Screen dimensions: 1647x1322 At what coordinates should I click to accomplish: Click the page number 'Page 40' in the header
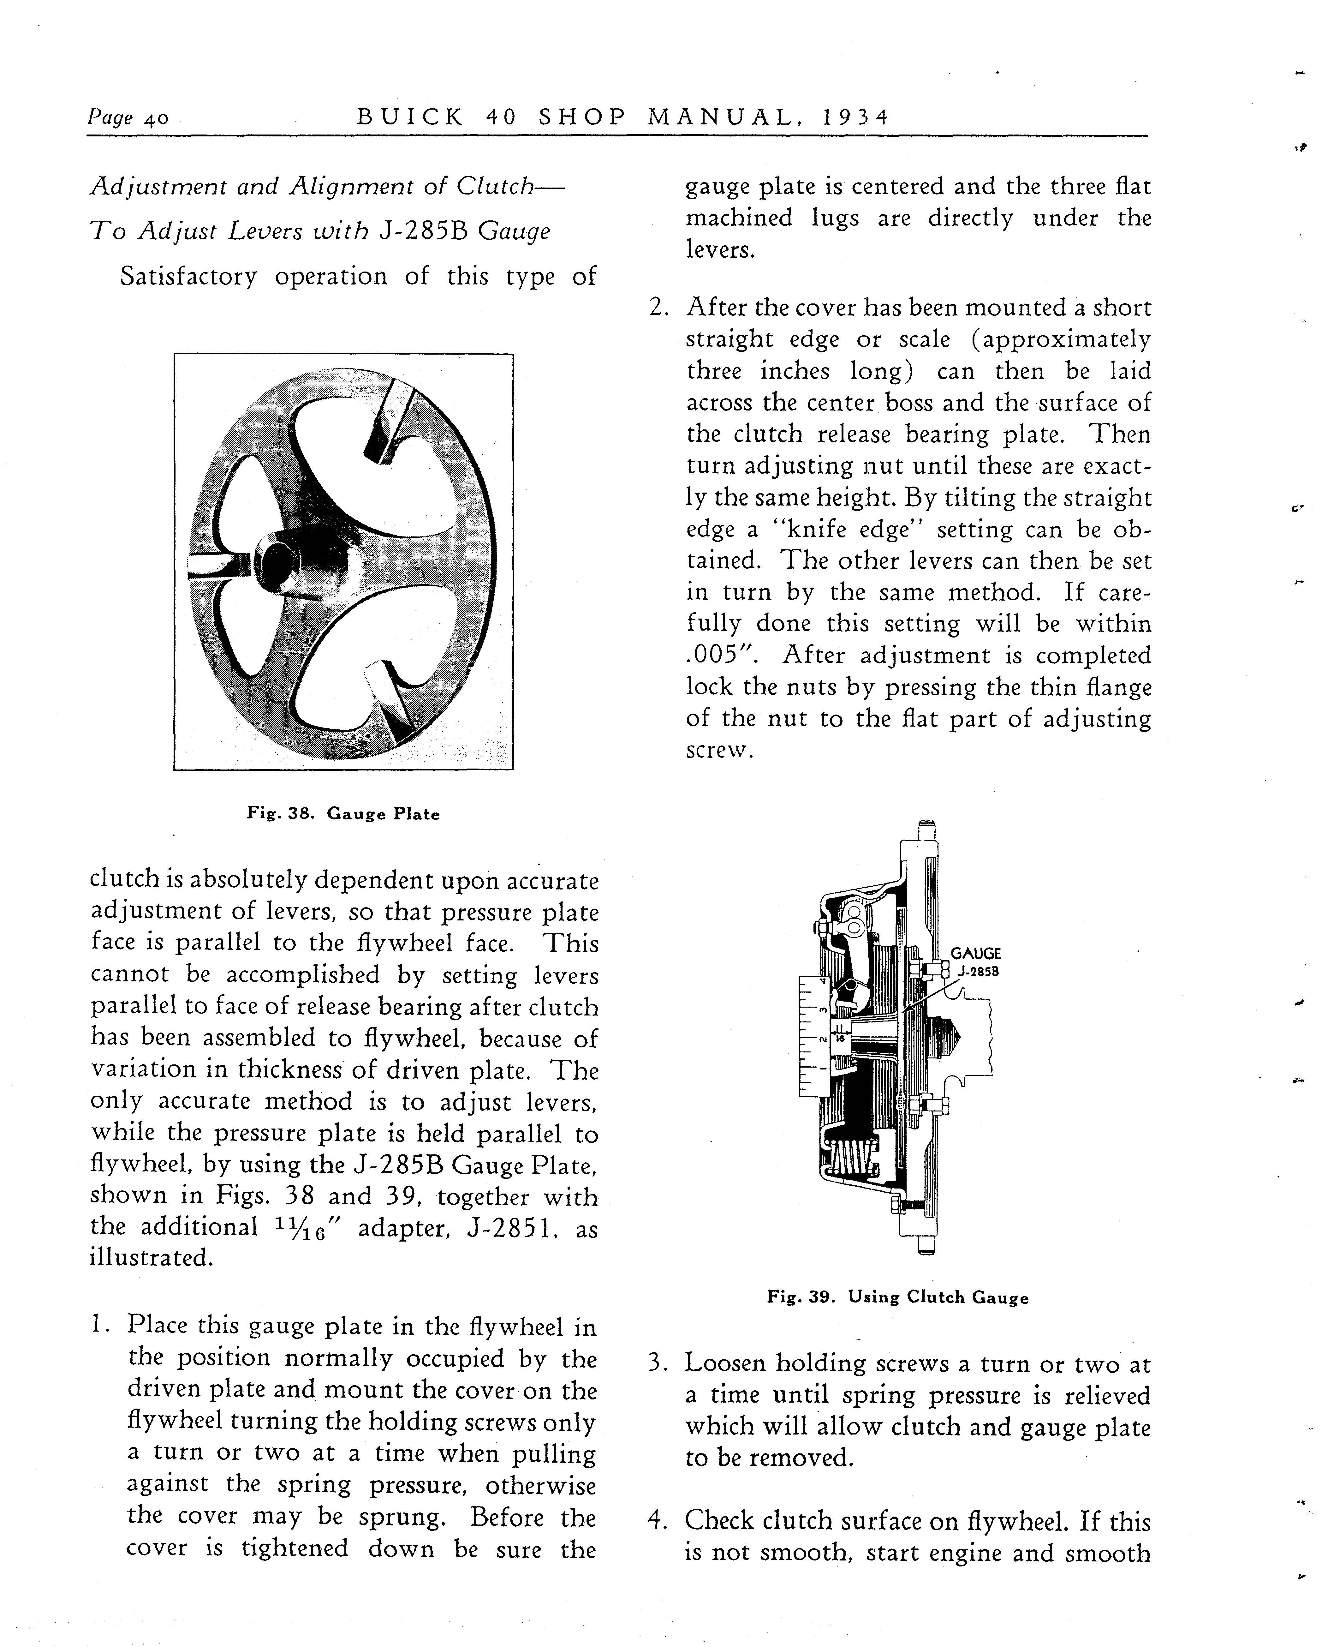coord(128,118)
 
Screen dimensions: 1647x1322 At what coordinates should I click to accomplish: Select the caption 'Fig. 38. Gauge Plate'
coord(343,814)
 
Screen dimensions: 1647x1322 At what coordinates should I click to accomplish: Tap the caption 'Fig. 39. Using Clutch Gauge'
coord(898,1297)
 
